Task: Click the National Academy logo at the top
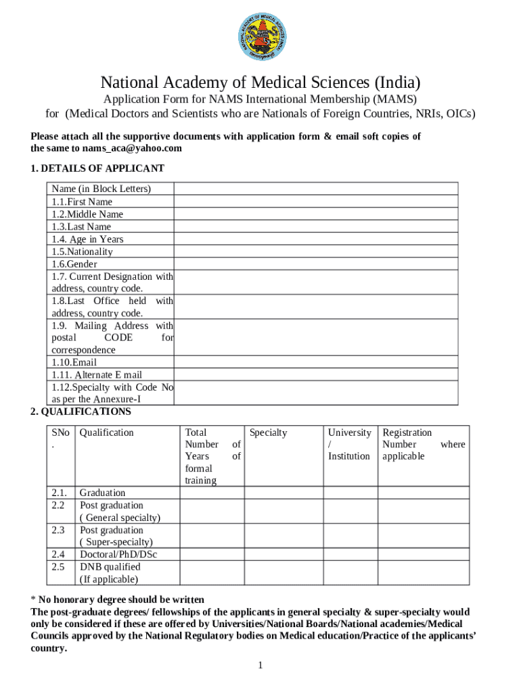(260, 37)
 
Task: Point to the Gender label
(74, 264)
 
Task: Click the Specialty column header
(269, 432)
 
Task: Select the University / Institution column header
(349, 444)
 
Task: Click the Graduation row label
(102, 493)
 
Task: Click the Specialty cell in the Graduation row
(283, 493)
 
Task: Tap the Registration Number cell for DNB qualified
(423, 572)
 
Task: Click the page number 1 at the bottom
(260, 666)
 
